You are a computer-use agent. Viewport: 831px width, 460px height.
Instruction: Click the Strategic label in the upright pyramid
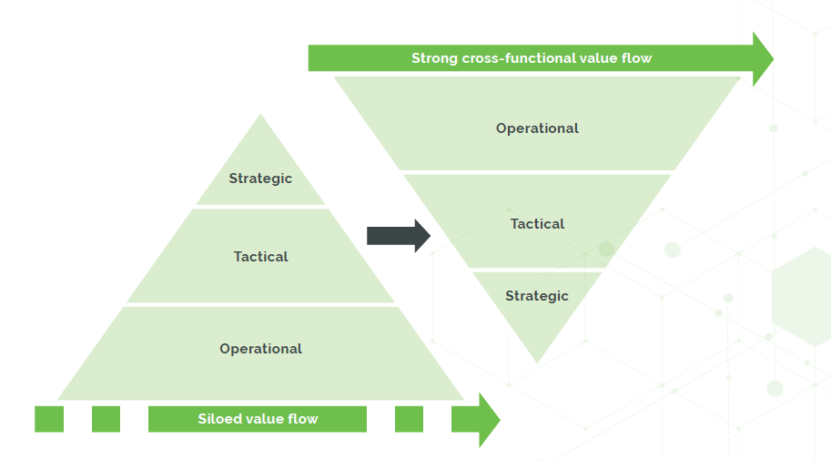click(x=260, y=179)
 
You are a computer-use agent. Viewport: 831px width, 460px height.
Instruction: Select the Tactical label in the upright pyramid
click(x=260, y=257)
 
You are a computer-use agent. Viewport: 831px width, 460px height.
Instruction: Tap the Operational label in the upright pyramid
click(x=260, y=349)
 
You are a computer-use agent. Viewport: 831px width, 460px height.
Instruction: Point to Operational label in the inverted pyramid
click(x=537, y=128)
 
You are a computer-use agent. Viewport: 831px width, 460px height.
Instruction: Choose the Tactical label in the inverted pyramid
click(x=537, y=224)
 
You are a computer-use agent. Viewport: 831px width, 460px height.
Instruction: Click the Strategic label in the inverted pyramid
click(x=537, y=296)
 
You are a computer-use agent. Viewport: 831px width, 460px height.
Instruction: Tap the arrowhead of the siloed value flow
click(x=487, y=420)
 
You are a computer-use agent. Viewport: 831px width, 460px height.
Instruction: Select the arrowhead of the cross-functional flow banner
click(x=763, y=58)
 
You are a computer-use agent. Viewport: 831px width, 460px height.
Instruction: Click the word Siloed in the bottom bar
click(x=219, y=419)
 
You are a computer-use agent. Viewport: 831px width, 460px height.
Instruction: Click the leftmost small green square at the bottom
click(x=49, y=419)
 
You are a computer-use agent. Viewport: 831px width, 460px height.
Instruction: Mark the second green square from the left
click(x=106, y=419)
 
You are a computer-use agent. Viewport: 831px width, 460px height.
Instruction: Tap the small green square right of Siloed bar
click(x=409, y=419)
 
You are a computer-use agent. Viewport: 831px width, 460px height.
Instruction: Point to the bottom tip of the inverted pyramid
click(x=537, y=359)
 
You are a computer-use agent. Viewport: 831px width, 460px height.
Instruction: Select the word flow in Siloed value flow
click(x=302, y=419)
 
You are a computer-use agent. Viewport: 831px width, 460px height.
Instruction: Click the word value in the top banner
click(x=601, y=58)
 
